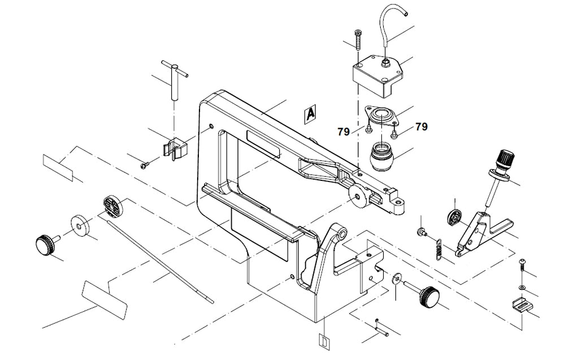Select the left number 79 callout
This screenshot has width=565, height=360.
click(x=344, y=132)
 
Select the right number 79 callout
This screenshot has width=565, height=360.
click(x=421, y=127)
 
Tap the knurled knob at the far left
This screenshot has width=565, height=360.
click(x=45, y=245)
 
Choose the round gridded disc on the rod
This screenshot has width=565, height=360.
click(x=113, y=206)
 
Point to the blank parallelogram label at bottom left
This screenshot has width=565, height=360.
click(x=104, y=298)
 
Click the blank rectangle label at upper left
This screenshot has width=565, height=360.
click(x=58, y=167)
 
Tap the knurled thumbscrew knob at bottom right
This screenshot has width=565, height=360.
click(x=427, y=296)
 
